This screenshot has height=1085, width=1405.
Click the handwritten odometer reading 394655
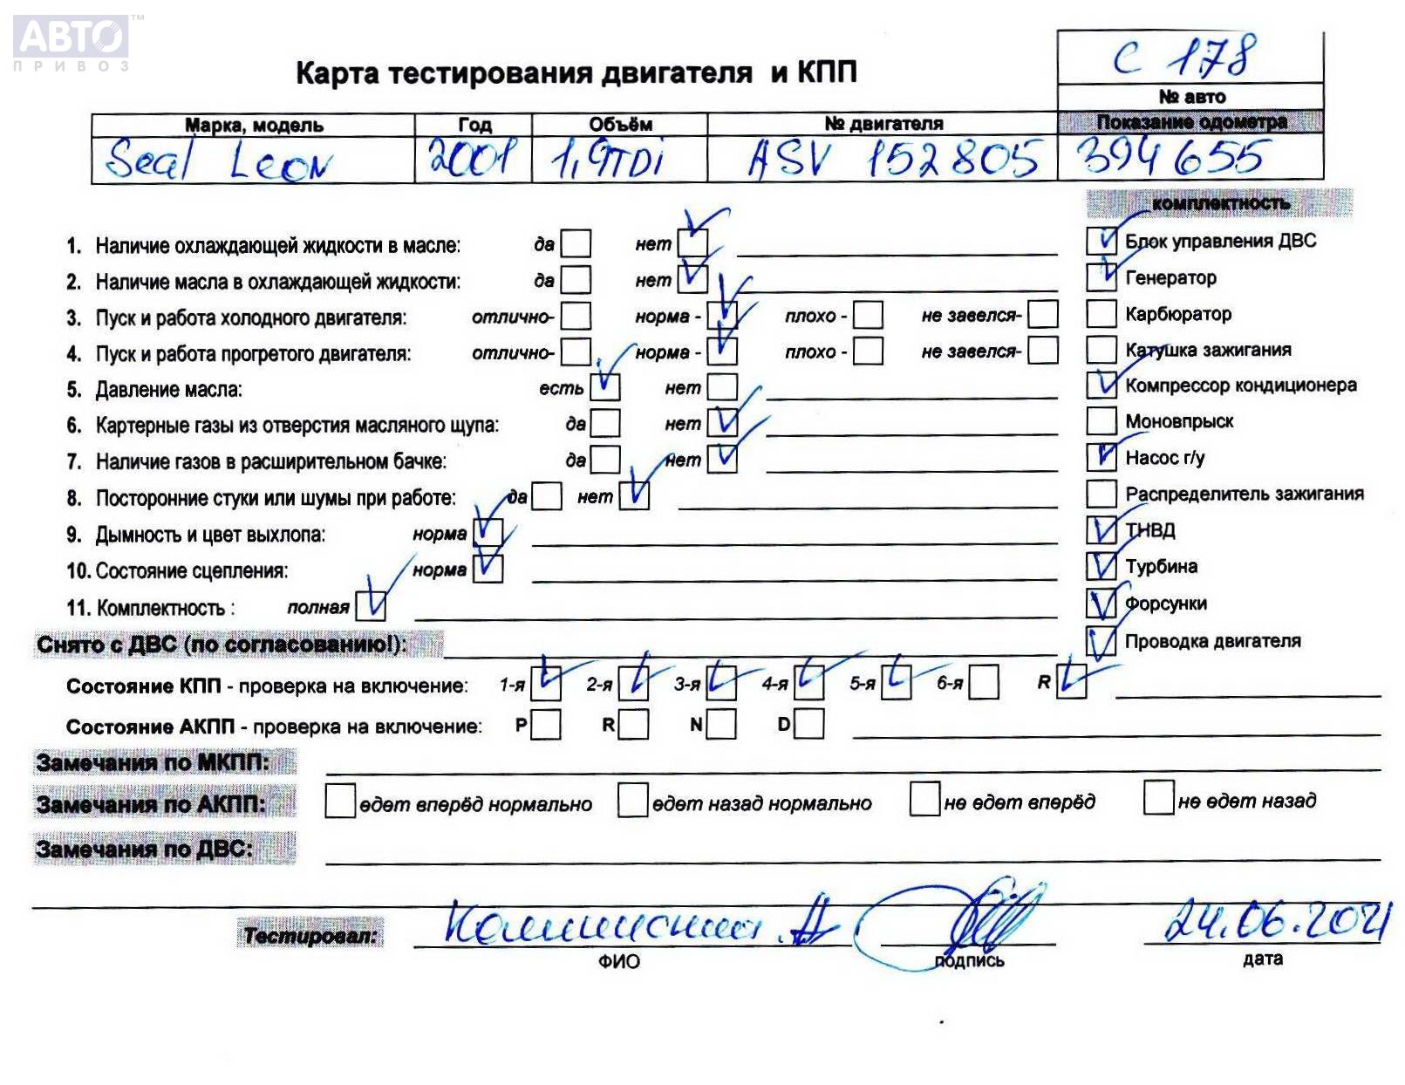pyautogui.click(x=1170, y=158)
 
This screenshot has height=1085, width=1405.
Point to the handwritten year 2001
pyautogui.click(x=471, y=158)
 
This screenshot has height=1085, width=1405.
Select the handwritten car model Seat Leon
pyautogui.click(x=218, y=161)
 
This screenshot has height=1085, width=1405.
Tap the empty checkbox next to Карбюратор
pyautogui.click(x=1101, y=313)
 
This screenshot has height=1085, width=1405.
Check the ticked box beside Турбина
pyautogui.click(x=1101, y=566)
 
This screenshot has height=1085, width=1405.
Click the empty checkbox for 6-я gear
pyautogui.click(x=983, y=683)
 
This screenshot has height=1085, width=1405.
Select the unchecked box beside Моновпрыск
pyautogui.click(x=1101, y=421)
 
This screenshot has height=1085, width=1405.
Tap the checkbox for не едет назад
pyautogui.click(x=1158, y=797)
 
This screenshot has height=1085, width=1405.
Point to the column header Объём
pyautogui.click(x=620, y=125)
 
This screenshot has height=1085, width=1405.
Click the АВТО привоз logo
pyautogui.click(x=72, y=42)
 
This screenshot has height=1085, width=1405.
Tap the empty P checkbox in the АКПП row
pyautogui.click(x=545, y=725)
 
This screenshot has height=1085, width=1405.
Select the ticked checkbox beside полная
pyautogui.click(x=371, y=605)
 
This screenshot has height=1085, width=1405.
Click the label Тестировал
pyautogui.click(x=310, y=937)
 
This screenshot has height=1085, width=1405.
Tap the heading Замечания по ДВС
pyautogui.click(x=145, y=849)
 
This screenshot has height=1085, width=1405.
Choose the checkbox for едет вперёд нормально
pyautogui.click(x=339, y=801)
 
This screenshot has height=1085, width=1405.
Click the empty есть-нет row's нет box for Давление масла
pyautogui.click(x=722, y=387)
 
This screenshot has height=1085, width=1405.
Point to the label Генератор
pyautogui.click(x=1170, y=278)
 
